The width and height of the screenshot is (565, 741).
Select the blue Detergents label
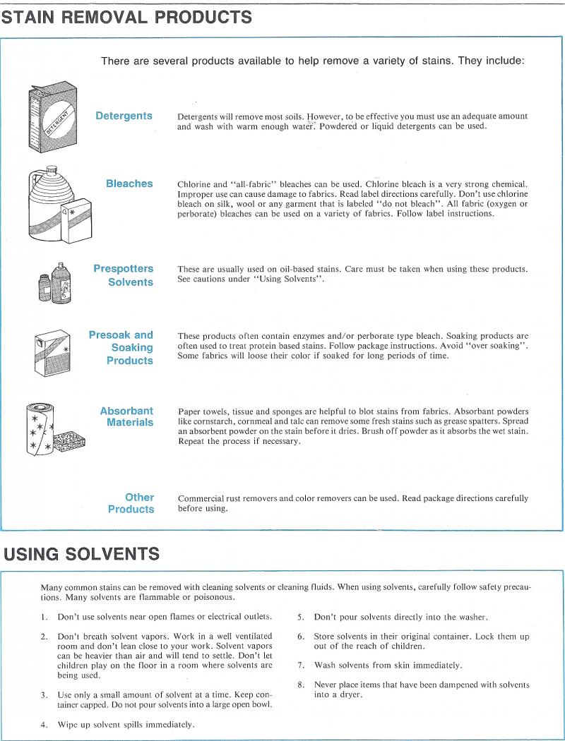tap(124, 116)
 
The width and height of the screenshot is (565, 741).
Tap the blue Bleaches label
tap(129, 183)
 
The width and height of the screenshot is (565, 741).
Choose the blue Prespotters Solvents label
tap(123, 275)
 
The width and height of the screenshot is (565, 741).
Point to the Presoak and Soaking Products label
tap(121, 347)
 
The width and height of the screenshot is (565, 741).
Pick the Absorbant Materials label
tap(126, 416)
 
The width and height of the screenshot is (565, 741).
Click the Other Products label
tap(131, 503)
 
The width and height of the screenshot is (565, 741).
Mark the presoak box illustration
tap(54, 351)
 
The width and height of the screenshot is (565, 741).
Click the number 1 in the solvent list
tap(44, 617)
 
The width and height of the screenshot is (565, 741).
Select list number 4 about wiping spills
tap(44, 724)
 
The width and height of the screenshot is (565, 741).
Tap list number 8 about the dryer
tap(300, 685)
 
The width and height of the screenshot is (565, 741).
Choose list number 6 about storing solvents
tap(300, 637)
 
